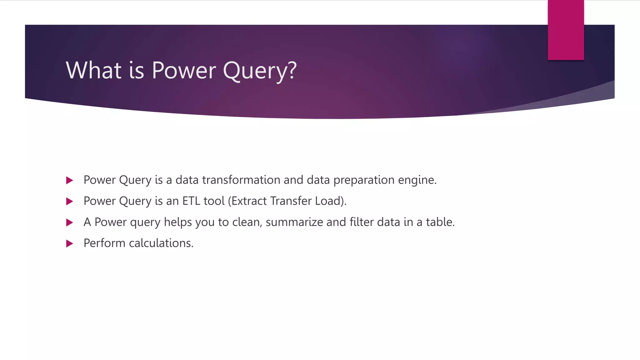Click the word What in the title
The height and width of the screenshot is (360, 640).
(x=93, y=70)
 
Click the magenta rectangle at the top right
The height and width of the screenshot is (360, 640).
(x=566, y=30)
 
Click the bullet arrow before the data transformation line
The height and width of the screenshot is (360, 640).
(x=70, y=180)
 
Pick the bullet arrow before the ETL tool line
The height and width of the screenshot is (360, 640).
(x=70, y=201)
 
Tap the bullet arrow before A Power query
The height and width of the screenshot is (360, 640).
(x=70, y=222)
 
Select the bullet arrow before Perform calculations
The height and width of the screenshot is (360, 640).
(x=70, y=243)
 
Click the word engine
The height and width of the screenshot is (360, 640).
(x=416, y=181)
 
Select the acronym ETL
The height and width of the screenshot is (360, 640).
(x=191, y=201)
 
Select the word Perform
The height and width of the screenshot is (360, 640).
(x=104, y=243)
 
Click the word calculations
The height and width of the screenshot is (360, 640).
(x=161, y=243)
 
